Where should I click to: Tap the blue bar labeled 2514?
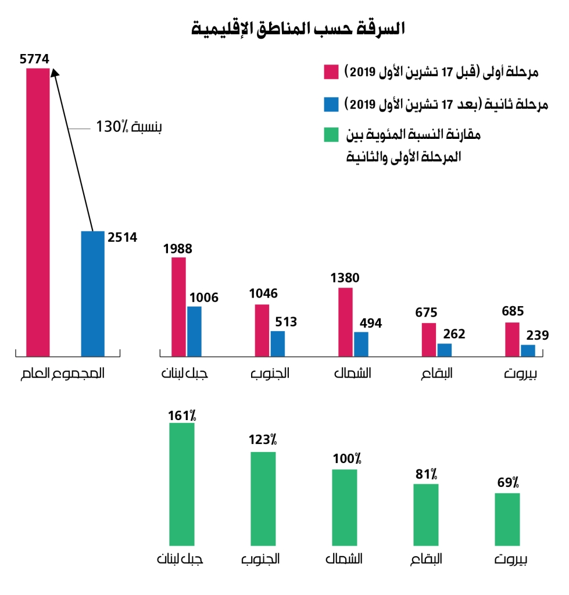92,293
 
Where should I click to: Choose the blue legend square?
331,105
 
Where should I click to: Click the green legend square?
331,136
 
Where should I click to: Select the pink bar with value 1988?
178,306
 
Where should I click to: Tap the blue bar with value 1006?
195,331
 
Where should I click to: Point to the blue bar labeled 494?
362,343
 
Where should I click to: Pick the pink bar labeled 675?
429,339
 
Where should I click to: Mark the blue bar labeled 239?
528,350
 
